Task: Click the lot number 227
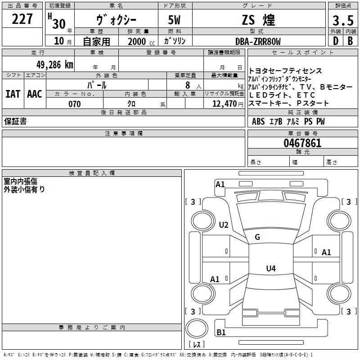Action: [22, 19]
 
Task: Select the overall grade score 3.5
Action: [343, 20]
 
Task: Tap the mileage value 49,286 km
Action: [55, 64]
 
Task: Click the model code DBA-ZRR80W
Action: [258, 41]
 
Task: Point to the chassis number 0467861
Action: [302, 143]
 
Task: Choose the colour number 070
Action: [75, 104]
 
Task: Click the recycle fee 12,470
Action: [225, 104]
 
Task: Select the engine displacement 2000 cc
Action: [141, 41]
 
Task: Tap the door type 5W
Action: [174, 20]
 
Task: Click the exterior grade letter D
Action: [335, 41]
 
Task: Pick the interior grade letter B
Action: [350, 41]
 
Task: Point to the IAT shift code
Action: [13, 94]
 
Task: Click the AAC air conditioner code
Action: [35, 94]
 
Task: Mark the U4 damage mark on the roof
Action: [271, 268]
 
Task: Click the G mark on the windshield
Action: [257, 237]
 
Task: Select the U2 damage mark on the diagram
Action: [224, 225]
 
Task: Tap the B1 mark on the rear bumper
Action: [221, 332]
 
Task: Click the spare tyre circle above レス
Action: [197, 328]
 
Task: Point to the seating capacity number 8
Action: [188, 85]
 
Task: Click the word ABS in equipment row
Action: [258, 121]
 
